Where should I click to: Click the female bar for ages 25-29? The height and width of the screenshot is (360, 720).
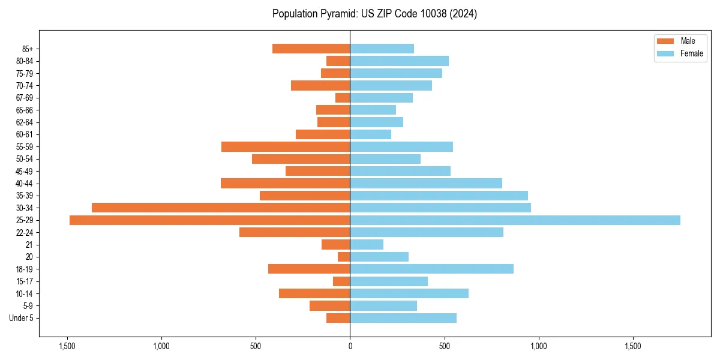[x=515, y=220]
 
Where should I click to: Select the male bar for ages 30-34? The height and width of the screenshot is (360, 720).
[x=221, y=208]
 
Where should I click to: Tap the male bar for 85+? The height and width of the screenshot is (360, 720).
[x=311, y=49]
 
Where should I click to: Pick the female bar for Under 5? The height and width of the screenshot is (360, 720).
[x=403, y=318]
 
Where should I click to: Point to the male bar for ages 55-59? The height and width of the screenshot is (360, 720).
[x=286, y=146]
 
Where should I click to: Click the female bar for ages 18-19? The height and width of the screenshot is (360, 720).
[x=431, y=269]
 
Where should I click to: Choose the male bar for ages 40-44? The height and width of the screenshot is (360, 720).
[x=285, y=183]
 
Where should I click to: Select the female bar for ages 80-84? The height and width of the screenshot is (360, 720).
[x=399, y=61]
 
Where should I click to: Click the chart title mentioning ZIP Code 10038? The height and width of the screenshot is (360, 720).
[x=374, y=14]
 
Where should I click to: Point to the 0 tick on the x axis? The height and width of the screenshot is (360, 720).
[x=350, y=346]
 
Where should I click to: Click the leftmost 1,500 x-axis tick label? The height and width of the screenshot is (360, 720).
[x=67, y=346]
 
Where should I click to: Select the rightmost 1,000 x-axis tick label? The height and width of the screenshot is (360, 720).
[x=538, y=346]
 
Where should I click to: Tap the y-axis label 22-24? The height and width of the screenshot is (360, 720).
[x=25, y=232]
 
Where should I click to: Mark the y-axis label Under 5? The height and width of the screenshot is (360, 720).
[x=21, y=318]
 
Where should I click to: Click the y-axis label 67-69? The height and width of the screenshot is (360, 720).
[x=25, y=98]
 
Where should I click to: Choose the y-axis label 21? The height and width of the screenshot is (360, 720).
[x=29, y=245]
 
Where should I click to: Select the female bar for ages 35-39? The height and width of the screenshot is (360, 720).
[x=439, y=196]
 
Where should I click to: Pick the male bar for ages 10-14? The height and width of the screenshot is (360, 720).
[x=314, y=293]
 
